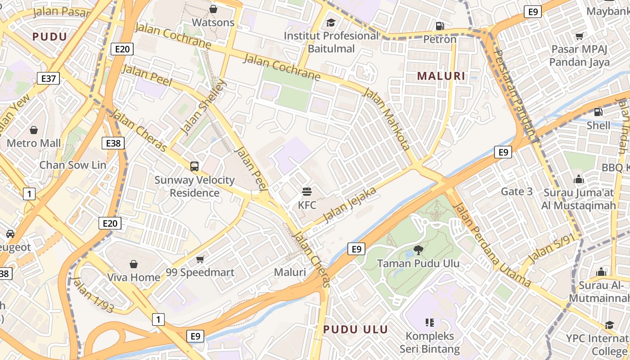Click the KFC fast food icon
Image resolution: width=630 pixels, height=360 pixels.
[307, 192]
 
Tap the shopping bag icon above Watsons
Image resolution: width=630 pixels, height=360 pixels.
[213, 9]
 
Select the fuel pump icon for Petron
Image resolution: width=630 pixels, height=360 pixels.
[440, 26]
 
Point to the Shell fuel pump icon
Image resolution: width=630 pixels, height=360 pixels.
[598, 112]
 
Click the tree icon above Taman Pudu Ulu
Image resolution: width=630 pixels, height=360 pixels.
[418, 250]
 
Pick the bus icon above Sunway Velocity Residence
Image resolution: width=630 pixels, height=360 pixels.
[194, 166]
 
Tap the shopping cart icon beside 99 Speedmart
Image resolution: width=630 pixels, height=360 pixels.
[200, 259]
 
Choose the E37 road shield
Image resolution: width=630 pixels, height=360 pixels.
[48, 79]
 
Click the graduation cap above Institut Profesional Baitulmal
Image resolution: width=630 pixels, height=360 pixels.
[331, 22]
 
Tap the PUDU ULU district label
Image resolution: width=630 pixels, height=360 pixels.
[355, 329]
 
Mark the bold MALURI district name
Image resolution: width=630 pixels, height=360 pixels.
[441, 76]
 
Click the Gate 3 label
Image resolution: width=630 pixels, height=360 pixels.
[517, 192]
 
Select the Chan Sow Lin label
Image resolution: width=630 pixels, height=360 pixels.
[73, 165]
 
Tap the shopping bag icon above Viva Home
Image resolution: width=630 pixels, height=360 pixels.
[134, 264]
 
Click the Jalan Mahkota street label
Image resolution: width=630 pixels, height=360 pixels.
[387, 119]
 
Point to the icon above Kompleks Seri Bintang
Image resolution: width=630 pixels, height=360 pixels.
[429, 322]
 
